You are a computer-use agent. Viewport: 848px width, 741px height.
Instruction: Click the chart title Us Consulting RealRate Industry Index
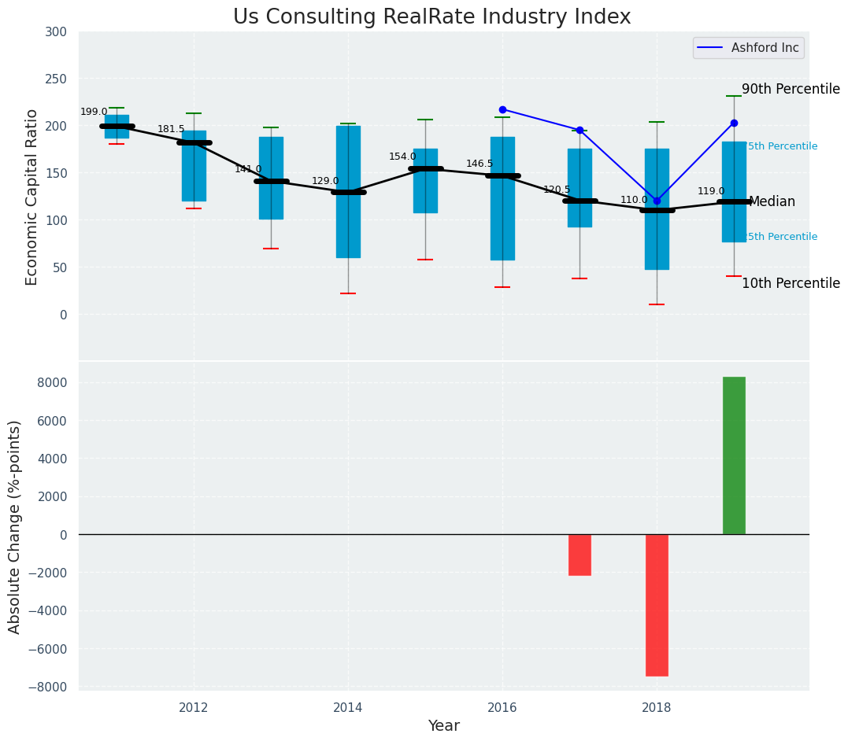pos(431,17)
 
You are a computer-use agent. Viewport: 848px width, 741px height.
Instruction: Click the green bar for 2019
pos(734,455)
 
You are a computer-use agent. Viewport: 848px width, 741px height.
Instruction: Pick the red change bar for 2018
pos(657,605)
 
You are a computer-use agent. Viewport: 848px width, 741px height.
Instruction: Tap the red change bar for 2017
pos(580,555)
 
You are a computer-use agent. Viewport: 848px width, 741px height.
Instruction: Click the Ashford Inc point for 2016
pos(502,109)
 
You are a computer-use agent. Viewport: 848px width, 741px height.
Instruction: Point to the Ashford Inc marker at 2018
pos(657,201)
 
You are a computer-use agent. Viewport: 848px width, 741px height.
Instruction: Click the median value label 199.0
pos(94,112)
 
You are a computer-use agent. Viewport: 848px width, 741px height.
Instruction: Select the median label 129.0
pos(325,182)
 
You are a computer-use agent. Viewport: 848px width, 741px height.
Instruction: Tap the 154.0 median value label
pos(402,157)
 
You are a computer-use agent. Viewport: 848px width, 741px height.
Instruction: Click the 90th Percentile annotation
pos(791,90)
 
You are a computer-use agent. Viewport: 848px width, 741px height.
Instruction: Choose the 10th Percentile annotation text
pos(791,284)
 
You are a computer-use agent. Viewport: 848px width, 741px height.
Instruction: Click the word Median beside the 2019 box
pos(772,202)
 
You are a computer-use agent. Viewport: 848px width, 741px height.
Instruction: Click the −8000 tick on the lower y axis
pos(51,688)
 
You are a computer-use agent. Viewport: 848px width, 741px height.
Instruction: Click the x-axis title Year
pos(443,726)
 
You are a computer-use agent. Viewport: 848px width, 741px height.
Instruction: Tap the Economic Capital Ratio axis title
pos(32,197)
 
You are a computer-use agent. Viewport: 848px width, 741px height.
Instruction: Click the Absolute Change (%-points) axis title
pos(15,526)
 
